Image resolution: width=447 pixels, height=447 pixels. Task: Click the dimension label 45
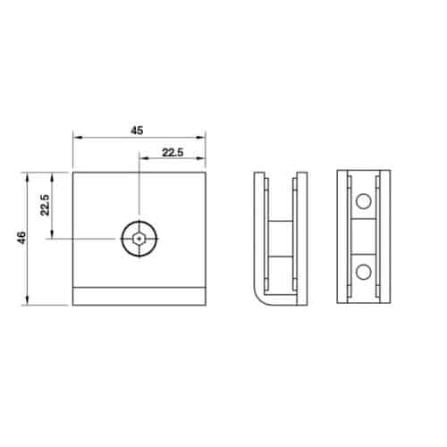(x=137, y=131)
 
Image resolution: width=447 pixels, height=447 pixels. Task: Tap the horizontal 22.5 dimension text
(x=173, y=153)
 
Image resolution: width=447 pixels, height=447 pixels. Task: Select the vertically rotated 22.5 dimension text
(x=45, y=205)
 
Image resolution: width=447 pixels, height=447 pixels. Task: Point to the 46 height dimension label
(x=22, y=238)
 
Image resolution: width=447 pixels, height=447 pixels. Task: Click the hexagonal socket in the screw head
(x=139, y=239)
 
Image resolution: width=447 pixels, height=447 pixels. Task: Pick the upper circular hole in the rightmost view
(x=364, y=201)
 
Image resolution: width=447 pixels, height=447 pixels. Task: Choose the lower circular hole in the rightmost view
(x=364, y=272)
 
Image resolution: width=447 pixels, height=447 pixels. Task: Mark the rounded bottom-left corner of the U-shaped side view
(x=258, y=299)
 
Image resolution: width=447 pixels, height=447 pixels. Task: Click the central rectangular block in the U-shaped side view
(x=281, y=239)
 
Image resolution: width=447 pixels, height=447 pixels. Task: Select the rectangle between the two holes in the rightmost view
(x=364, y=237)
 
